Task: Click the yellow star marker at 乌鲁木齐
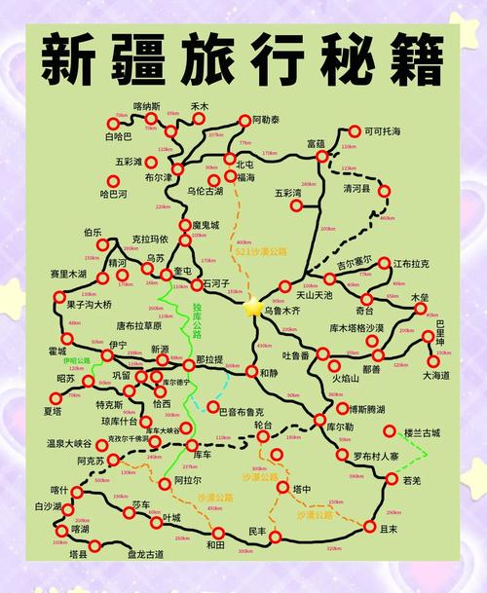(254, 308)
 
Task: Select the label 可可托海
(383, 130)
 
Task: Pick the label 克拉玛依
(150, 239)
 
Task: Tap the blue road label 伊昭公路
(76, 360)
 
